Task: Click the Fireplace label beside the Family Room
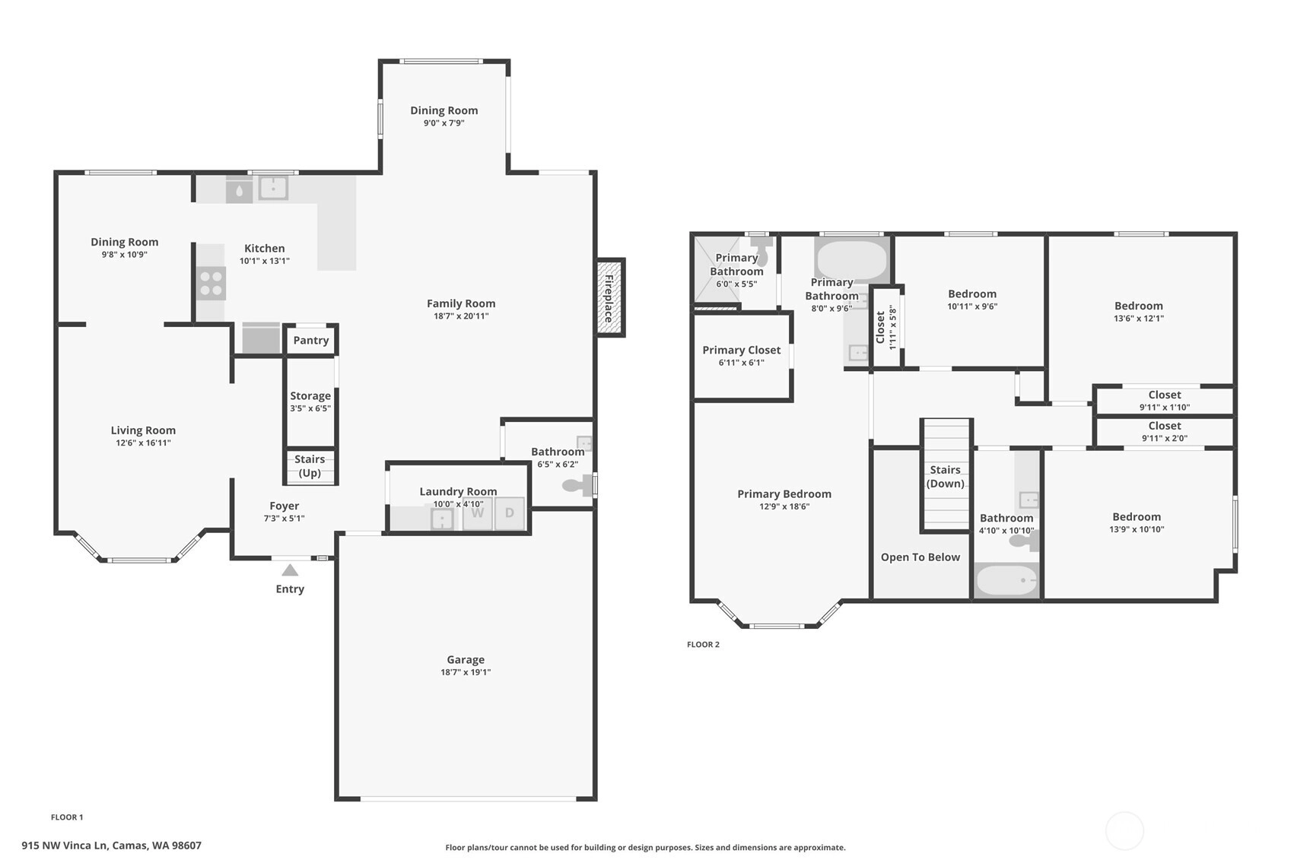click(608, 298)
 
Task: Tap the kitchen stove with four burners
click(211, 284)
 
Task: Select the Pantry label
click(310, 341)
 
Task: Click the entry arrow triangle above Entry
click(290, 570)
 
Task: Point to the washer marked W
click(477, 513)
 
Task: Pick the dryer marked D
click(510, 513)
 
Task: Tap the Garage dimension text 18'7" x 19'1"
click(466, 672)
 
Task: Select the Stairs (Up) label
click(310, 466)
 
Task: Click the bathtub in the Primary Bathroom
click(851, 260)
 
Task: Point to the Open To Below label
click(921, 557)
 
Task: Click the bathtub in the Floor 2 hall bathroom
click(1006, 580)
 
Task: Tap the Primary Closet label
click(741, 350)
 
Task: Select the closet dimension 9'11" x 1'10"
click(1164, 408)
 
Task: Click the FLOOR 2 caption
click(703, 645)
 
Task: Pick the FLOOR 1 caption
click(67, 817)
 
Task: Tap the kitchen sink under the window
click(273, 188)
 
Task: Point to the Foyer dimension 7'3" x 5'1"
click(284, 519)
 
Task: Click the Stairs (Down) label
click(945, 476)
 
